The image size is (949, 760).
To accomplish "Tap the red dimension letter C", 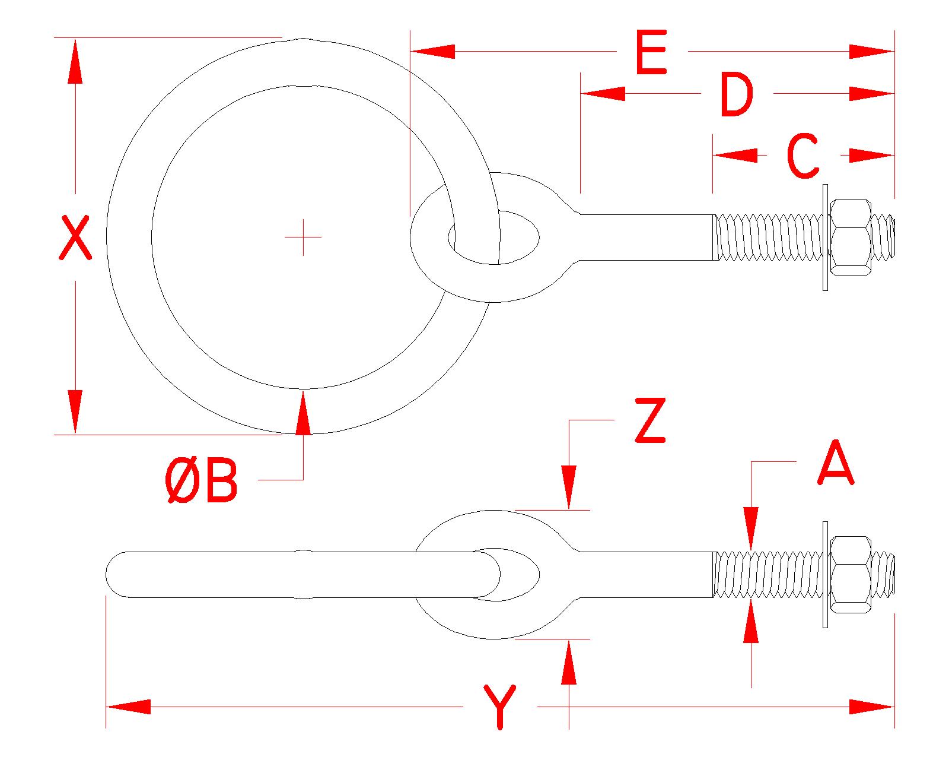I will click(803, 156).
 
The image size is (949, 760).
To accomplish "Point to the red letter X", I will click(75, 237).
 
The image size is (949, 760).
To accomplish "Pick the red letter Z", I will click(650, 422).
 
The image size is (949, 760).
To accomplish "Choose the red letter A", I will click(835, 463).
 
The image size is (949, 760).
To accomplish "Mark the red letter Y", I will click(500, 707).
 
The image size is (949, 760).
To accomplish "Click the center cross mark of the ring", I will click(303, 237).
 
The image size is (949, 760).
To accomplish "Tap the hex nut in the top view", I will click(851, 237).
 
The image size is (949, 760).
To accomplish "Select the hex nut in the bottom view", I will click(851, 574).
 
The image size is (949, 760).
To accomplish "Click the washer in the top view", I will click(824, 237).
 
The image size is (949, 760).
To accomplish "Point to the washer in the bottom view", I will click(824, 574).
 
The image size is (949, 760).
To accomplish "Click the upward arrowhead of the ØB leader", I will click(303, 410).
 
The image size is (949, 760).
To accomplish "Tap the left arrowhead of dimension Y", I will click(128, 707).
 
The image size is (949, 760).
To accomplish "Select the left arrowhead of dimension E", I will click(432, 52).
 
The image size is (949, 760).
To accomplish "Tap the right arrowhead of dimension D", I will click(872, 94).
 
